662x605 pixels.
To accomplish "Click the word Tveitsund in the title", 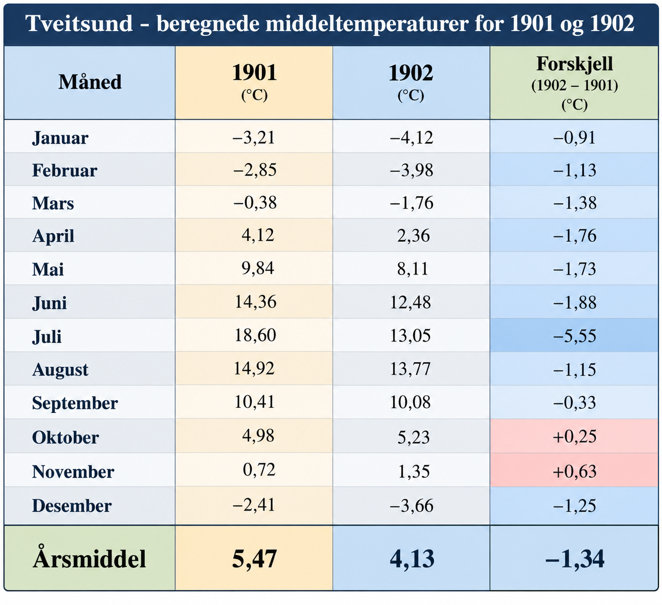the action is tap(79, 24).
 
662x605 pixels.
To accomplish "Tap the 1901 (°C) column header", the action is tap(254, 83).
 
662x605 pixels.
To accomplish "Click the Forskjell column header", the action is tap(575, 83).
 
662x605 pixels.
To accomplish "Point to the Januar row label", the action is tap(60, 138).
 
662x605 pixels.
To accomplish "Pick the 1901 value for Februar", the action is tap(254, 170).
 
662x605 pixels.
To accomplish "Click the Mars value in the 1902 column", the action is tap(411, 203).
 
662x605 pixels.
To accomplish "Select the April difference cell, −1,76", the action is tap(575, 236).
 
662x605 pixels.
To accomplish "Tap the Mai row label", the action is tap(48, 269).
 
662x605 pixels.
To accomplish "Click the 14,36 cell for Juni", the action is tap(255, 302).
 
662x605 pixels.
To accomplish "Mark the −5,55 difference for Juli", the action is tap(575, 336).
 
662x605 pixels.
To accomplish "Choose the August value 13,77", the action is tap(410, 369).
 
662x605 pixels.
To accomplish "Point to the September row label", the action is tap(75, 403).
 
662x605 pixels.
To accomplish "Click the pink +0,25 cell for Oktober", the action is tap(575, 436).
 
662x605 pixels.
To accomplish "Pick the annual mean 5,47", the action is tap(254, 559).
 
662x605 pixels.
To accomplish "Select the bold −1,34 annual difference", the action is tap(575, 559).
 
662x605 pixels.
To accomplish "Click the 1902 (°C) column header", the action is tap(411, 83).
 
